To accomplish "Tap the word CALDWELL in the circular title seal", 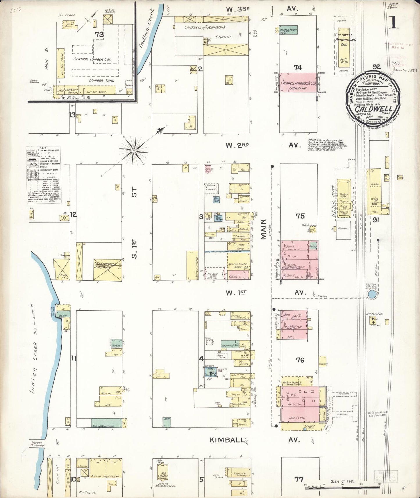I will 373,110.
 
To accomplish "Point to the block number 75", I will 300,216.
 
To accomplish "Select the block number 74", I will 298,68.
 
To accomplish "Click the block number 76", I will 300,360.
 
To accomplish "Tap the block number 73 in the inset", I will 99,34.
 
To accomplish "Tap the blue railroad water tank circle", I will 371,295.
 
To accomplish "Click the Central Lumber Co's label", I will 92,59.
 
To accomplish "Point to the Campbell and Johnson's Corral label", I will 205,32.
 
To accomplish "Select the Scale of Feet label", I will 342,481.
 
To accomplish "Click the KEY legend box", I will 44,174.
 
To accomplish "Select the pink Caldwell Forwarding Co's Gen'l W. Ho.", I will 298,83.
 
